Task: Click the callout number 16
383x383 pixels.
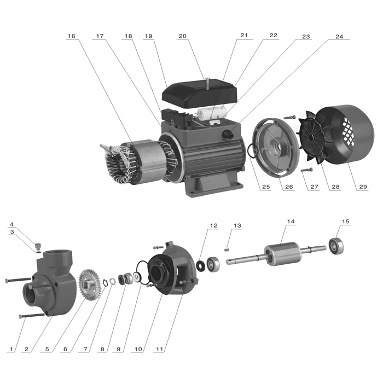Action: tap(72, 36)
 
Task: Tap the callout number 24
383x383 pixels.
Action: tap(339, 37)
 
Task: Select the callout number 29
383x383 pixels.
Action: tap(363, 187)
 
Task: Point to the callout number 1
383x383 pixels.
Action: tap(11, 349)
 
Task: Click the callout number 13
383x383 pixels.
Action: tap(237, 225)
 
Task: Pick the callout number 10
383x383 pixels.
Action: tap(138, 349)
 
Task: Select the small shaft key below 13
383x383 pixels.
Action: tap(227, 250)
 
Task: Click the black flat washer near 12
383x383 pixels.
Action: tap(201, 265)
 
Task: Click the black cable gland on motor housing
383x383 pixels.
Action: tap(228, 134)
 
